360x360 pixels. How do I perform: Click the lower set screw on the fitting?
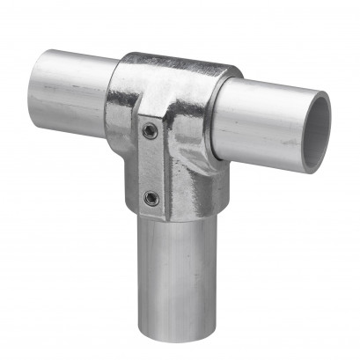[151, 198]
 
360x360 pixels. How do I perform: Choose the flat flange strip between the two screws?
[151, 165]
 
